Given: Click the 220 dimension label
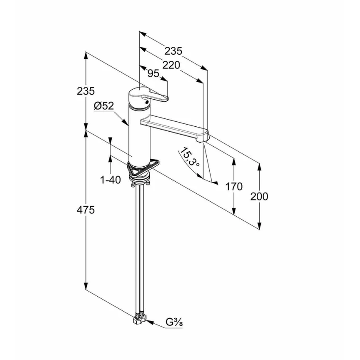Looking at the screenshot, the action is pos(171,65).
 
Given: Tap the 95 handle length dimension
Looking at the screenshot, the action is pos(153,73).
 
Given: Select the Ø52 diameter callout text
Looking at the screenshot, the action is pos(104,106).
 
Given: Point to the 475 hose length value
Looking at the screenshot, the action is pos(86,210).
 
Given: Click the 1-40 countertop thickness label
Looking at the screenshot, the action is pos(111,180).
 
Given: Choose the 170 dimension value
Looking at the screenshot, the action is pos(234,186).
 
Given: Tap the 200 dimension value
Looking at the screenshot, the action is pos(259,197).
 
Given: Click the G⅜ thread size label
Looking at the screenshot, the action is pos(174,322).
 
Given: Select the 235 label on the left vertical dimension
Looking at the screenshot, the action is pos(86,91).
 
